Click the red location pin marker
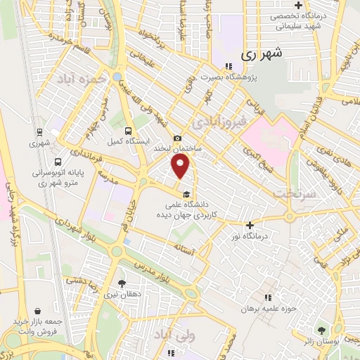point(181,166)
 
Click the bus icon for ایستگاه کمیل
point(128,131)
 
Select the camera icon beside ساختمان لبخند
point(177,138)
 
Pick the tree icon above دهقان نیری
point(123,284)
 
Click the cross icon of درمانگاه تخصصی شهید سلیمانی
point(298,6)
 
